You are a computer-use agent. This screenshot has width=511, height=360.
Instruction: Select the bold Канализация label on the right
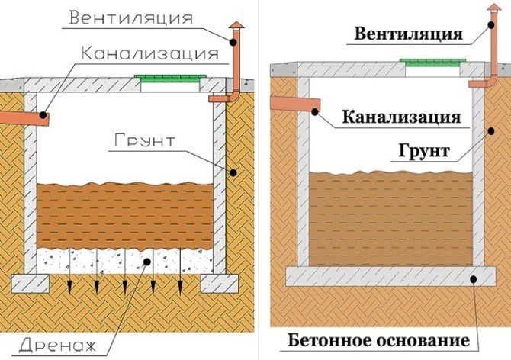pos(400,117)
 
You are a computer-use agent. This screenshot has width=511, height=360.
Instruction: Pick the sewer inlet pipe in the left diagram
pos(23,117)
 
